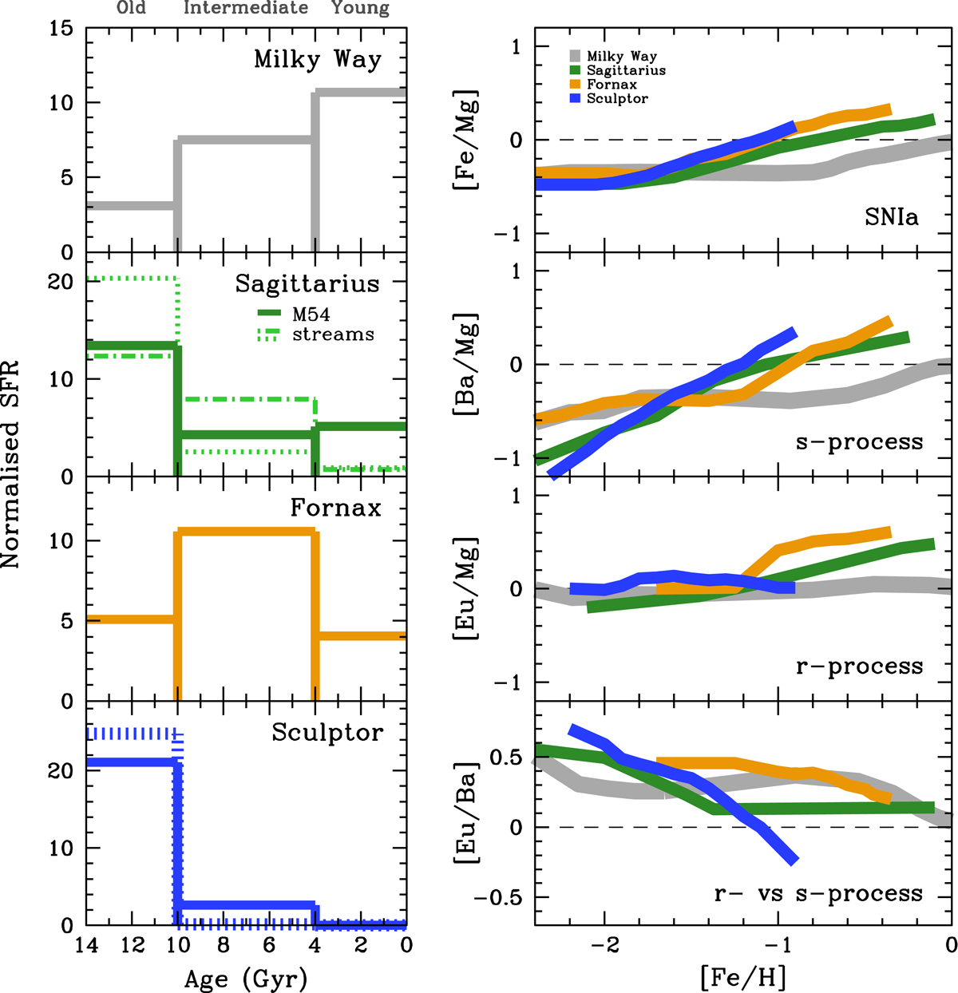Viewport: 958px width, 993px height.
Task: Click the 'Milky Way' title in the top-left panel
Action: coord(318,60)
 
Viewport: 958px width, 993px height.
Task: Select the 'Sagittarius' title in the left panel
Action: coord(307,284)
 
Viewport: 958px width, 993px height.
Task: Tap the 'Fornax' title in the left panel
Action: coord(335,508)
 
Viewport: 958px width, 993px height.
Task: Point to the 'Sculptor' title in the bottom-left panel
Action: coord(327,733)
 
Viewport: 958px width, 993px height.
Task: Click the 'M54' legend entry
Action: coord(311,315)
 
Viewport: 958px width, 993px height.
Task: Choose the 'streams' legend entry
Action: coord(333,334)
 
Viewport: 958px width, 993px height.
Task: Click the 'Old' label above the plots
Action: coord(131,8)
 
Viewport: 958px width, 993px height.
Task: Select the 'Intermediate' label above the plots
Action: coord(246,8)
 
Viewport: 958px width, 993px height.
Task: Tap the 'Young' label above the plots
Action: coord(360,9)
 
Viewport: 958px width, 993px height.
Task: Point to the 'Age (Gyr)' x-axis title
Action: coord(246,979)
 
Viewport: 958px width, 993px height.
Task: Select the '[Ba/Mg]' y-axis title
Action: coord(465,365)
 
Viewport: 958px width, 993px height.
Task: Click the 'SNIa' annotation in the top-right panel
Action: coord(891,216)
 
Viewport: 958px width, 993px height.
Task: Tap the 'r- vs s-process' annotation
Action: coord(818,894)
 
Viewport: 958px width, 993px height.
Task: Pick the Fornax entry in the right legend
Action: coord(612,84)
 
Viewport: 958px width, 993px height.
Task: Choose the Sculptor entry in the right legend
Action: coord(617,98)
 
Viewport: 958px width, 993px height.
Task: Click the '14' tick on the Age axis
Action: coord(86,946)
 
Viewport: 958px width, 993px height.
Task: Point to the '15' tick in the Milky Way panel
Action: coord(61,30)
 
